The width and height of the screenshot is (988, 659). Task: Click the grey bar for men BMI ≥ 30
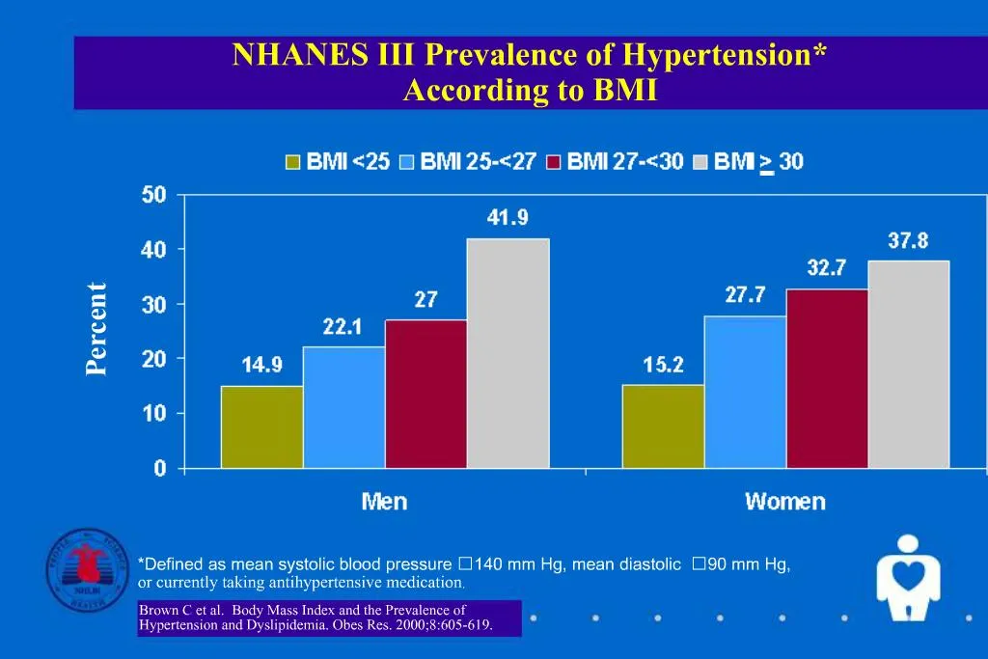coord(508,353)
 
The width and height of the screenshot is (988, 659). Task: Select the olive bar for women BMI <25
coord(663,426)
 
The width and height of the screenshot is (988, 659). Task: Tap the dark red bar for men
coord(425,394)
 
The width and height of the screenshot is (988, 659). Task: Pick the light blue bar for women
coord(744,392)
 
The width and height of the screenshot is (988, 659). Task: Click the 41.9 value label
coord(508,218)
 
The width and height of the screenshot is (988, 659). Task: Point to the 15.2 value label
coord(663,365)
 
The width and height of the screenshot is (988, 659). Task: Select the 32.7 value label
coord(827,269)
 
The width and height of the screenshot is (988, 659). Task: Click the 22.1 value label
coord(343,327)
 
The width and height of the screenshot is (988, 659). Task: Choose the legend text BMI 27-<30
coord(625,162)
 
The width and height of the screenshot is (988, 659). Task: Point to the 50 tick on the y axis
coord(153,195)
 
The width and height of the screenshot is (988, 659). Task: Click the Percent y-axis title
coord(96,329)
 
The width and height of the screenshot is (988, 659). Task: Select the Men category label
coord(384,502)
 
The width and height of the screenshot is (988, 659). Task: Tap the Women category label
coord(784,502)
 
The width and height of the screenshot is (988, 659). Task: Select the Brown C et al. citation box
coord(329,618)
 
